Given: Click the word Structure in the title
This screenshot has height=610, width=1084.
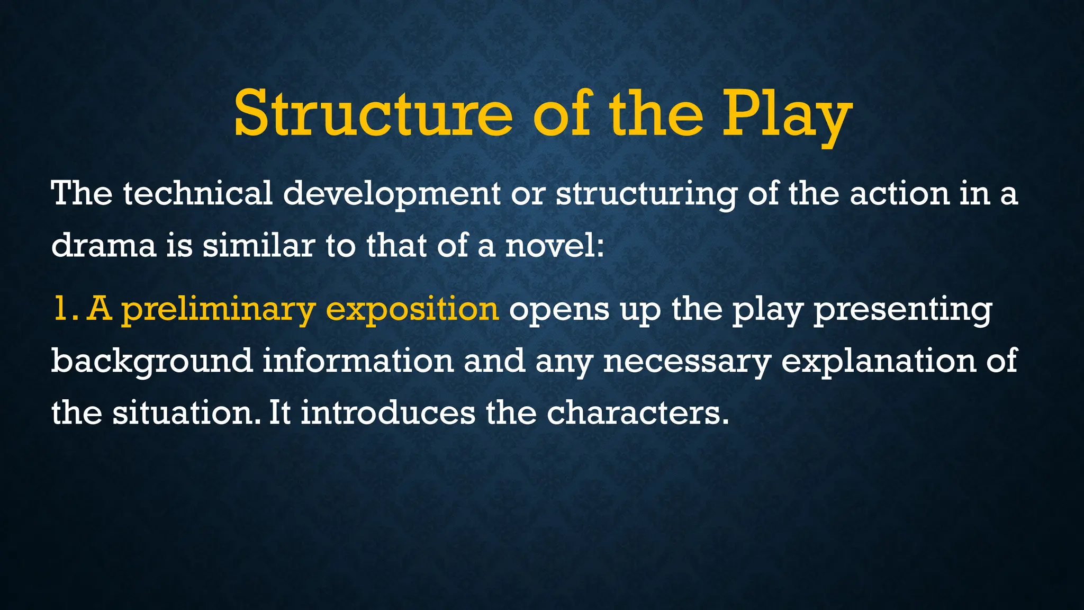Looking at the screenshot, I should pyautogui.click(x=373, y=113).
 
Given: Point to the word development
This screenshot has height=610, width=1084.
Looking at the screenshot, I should pyautogui.click(x=392, y=194).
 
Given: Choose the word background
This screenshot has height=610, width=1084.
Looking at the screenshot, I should pyautogui.click(x=152, y=361).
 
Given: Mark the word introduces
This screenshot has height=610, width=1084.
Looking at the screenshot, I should pyautogui.click(x=388, y=413).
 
